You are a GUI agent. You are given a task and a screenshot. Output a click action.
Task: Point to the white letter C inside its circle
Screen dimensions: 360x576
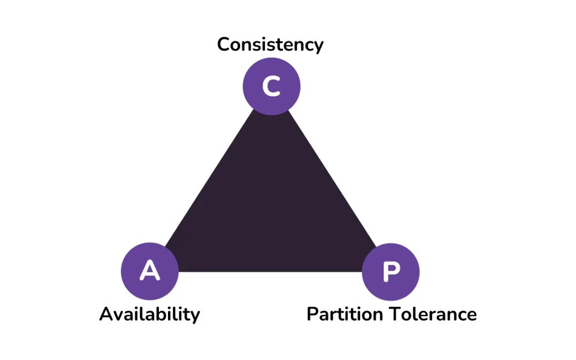click(271, 86)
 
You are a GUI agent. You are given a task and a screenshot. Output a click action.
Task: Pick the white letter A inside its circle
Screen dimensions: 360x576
click(150, 271)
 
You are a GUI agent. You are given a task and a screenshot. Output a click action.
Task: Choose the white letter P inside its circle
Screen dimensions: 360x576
click(391, 272)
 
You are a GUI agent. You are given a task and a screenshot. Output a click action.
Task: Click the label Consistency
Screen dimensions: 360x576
click(270, 45)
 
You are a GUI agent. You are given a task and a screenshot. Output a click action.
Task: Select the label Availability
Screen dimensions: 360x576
click(149, 315)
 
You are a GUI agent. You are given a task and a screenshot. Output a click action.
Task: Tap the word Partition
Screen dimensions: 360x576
click(345, 314)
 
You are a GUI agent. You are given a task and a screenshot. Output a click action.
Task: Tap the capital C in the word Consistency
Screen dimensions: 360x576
click(223, 44)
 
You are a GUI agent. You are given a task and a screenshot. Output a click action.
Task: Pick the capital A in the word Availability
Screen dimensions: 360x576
click(106, 314)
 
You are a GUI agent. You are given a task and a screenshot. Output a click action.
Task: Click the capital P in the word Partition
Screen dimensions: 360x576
click(313, 314)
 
